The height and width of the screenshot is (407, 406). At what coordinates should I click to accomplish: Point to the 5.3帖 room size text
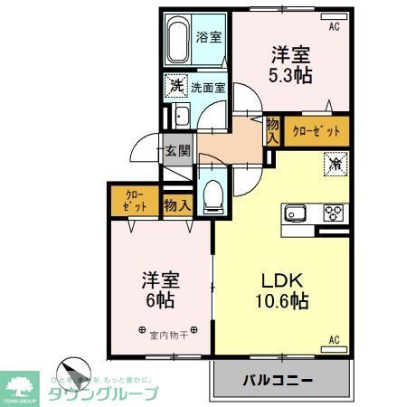[290, 75]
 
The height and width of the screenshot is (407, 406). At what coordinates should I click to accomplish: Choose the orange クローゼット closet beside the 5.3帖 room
[316, 131]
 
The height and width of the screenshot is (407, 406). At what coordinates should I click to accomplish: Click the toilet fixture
[213, 194]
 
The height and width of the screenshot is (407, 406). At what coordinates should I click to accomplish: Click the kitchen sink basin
[297, 214]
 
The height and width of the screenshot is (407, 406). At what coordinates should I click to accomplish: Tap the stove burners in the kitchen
[334, 214]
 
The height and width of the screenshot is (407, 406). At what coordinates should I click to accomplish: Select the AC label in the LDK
[333, 340]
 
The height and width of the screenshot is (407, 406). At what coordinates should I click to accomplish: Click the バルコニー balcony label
[278, 379]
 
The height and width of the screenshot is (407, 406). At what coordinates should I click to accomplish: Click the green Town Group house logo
[21, 383]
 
